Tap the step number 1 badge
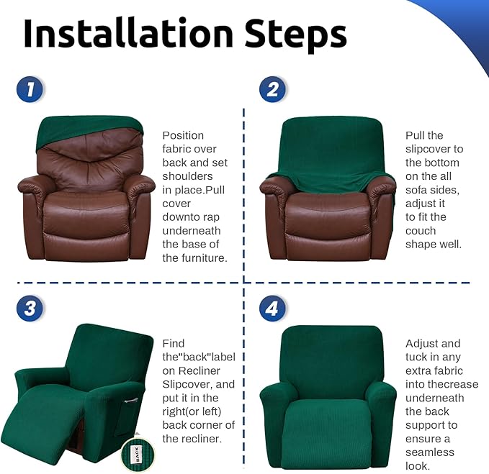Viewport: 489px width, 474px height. point(30,89)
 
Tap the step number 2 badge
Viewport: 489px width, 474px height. point(272,89)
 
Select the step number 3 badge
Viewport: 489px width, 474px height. point(30,309)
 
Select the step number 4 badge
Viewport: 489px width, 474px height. point(272,309)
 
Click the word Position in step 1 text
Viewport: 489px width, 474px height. point(183,135)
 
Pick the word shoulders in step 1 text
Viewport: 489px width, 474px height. point(187,176)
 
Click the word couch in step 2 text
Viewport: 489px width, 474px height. point(421,231)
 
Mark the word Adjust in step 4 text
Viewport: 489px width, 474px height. point(423,343)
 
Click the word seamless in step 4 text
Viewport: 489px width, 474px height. point(430,452)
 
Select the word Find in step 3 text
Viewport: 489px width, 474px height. point(174,343)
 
